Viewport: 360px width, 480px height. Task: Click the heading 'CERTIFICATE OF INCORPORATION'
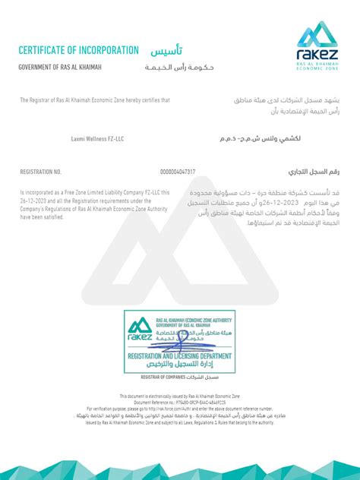pos(78,50)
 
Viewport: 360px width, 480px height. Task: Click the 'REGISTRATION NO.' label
pos(40,172)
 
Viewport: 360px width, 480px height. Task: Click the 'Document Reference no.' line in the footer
pos(179,401)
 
